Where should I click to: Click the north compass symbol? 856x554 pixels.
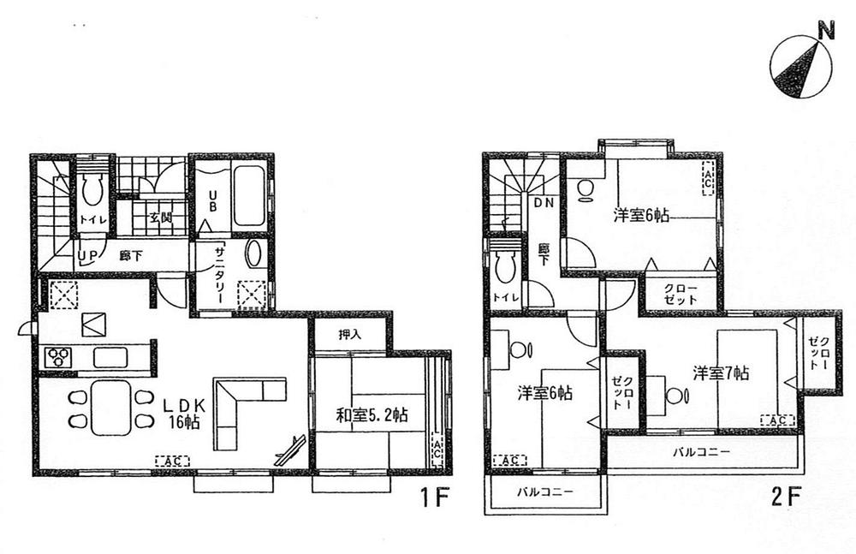tap(798, 64)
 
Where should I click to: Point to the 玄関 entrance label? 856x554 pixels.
tap(160, 217)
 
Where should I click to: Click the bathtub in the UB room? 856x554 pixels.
tap(248, 198)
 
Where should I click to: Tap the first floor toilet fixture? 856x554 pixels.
tap(92, 189)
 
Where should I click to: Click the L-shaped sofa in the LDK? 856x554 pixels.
tap(242, 407)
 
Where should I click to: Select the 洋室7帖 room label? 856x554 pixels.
tap(721, 374)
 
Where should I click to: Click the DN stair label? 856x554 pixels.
tap(544, 205)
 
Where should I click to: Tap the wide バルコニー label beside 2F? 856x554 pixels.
tap(700, 450)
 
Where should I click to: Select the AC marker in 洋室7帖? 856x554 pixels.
tap(777, 420)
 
